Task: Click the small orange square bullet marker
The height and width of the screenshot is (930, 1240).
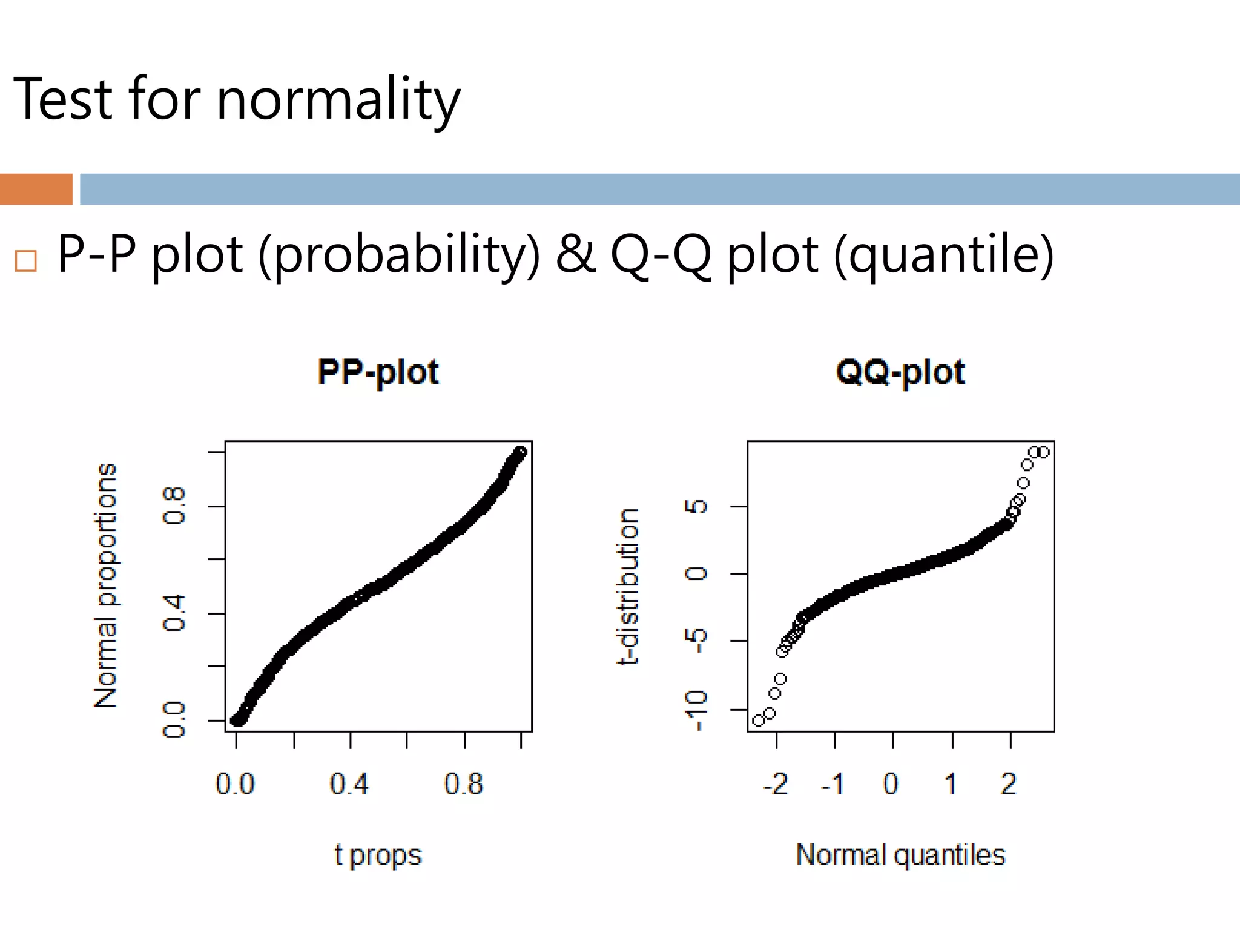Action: tap(26, 261)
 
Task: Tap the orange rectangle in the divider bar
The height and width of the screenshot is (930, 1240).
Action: tap(36, 189)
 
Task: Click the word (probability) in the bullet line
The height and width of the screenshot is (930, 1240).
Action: tap(399, 256)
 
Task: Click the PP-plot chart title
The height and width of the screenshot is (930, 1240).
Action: tap(378, 372)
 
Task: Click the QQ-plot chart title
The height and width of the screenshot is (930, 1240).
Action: tap(900, 372)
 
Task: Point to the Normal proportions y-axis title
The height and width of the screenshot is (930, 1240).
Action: tap(106, 585)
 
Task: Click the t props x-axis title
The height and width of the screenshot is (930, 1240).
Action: tap(378, 856)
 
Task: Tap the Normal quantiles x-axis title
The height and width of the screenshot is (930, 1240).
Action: tap(900, 855)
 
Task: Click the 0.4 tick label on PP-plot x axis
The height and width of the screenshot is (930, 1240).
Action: tap(349, 784)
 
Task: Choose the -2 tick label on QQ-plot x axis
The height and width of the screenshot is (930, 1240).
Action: tap(776, 784)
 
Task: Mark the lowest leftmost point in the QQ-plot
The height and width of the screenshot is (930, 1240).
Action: tap(759, 721)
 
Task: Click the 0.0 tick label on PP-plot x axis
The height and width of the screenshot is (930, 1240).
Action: tap(235, 784)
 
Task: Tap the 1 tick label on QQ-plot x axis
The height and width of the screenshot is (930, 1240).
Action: tap(951, 784)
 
